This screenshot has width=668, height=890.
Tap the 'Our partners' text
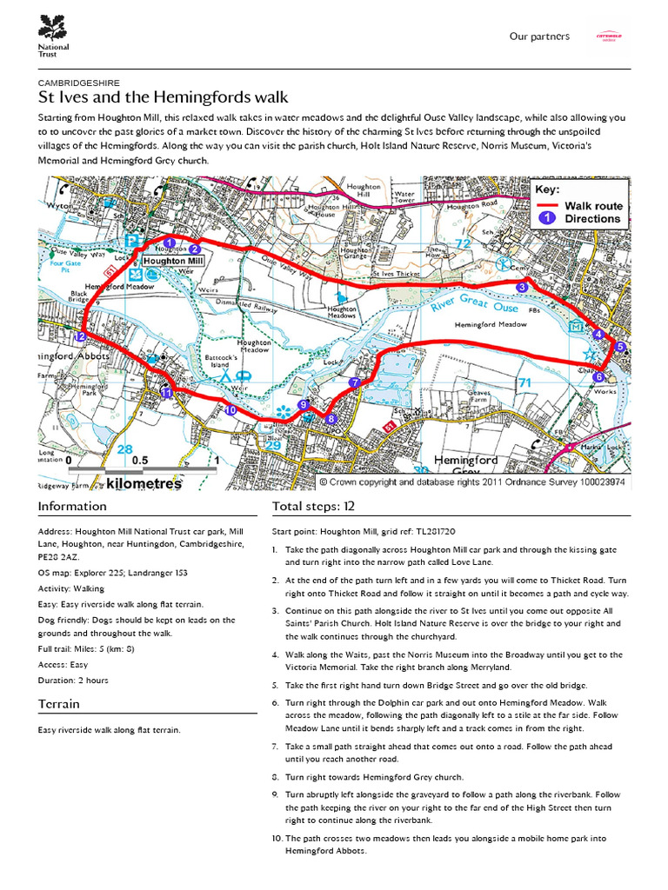539,37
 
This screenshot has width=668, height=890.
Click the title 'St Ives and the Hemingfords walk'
164,96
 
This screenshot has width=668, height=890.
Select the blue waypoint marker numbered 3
522,287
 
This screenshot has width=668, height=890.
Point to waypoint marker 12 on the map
81,336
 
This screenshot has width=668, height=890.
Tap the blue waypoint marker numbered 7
354,382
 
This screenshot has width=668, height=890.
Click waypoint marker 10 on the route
230,410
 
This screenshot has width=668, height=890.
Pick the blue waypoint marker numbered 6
598,376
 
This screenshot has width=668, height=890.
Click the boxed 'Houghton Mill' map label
172,261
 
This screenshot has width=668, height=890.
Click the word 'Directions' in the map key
592,219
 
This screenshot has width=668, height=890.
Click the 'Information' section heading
72,507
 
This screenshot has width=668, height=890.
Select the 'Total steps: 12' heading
313,507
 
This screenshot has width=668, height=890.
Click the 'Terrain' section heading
59,704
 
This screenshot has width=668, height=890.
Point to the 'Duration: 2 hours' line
73,681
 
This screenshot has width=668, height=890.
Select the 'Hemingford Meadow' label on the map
491,324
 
